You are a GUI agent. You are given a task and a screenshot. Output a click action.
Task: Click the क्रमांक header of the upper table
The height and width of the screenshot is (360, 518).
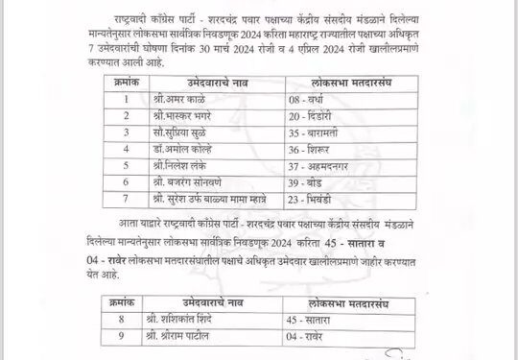(x=121, y=84)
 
